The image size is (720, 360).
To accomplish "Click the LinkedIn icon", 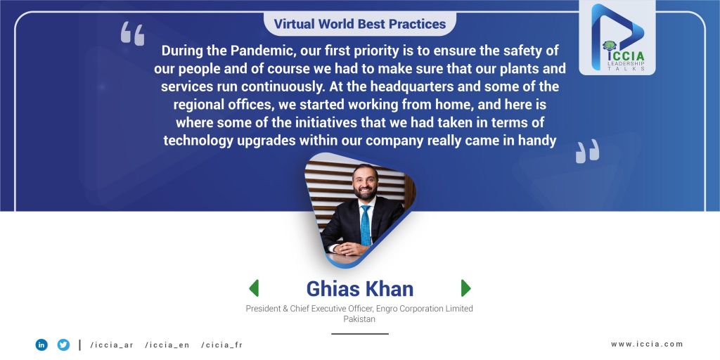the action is (x=41, y=345).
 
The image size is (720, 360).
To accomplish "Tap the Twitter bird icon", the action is (x=63, y=345).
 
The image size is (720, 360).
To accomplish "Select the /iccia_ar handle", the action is (x=112, y=345).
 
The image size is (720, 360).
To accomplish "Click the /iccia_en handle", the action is (x=167, y=345).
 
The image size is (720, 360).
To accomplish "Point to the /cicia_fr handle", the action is (x=221, y=345).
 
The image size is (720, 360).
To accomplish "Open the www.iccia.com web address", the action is (x=647, y=344).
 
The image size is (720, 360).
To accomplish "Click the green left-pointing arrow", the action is (x=254, y=288).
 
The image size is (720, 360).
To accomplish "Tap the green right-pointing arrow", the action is (x=465, y=288).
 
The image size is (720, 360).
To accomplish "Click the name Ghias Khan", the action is (x=360, y=289).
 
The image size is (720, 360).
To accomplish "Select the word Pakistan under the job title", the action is (x=359, y=319).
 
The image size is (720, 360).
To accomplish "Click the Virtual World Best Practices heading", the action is (x=360, y=24).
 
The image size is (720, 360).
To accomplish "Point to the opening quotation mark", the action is (x=132, y=34).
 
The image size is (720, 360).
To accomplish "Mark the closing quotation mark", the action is (x=587, y=151).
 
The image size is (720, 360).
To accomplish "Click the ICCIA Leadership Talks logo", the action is (x=617, y=38).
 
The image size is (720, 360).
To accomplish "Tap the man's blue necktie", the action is (x=366, y=226).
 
